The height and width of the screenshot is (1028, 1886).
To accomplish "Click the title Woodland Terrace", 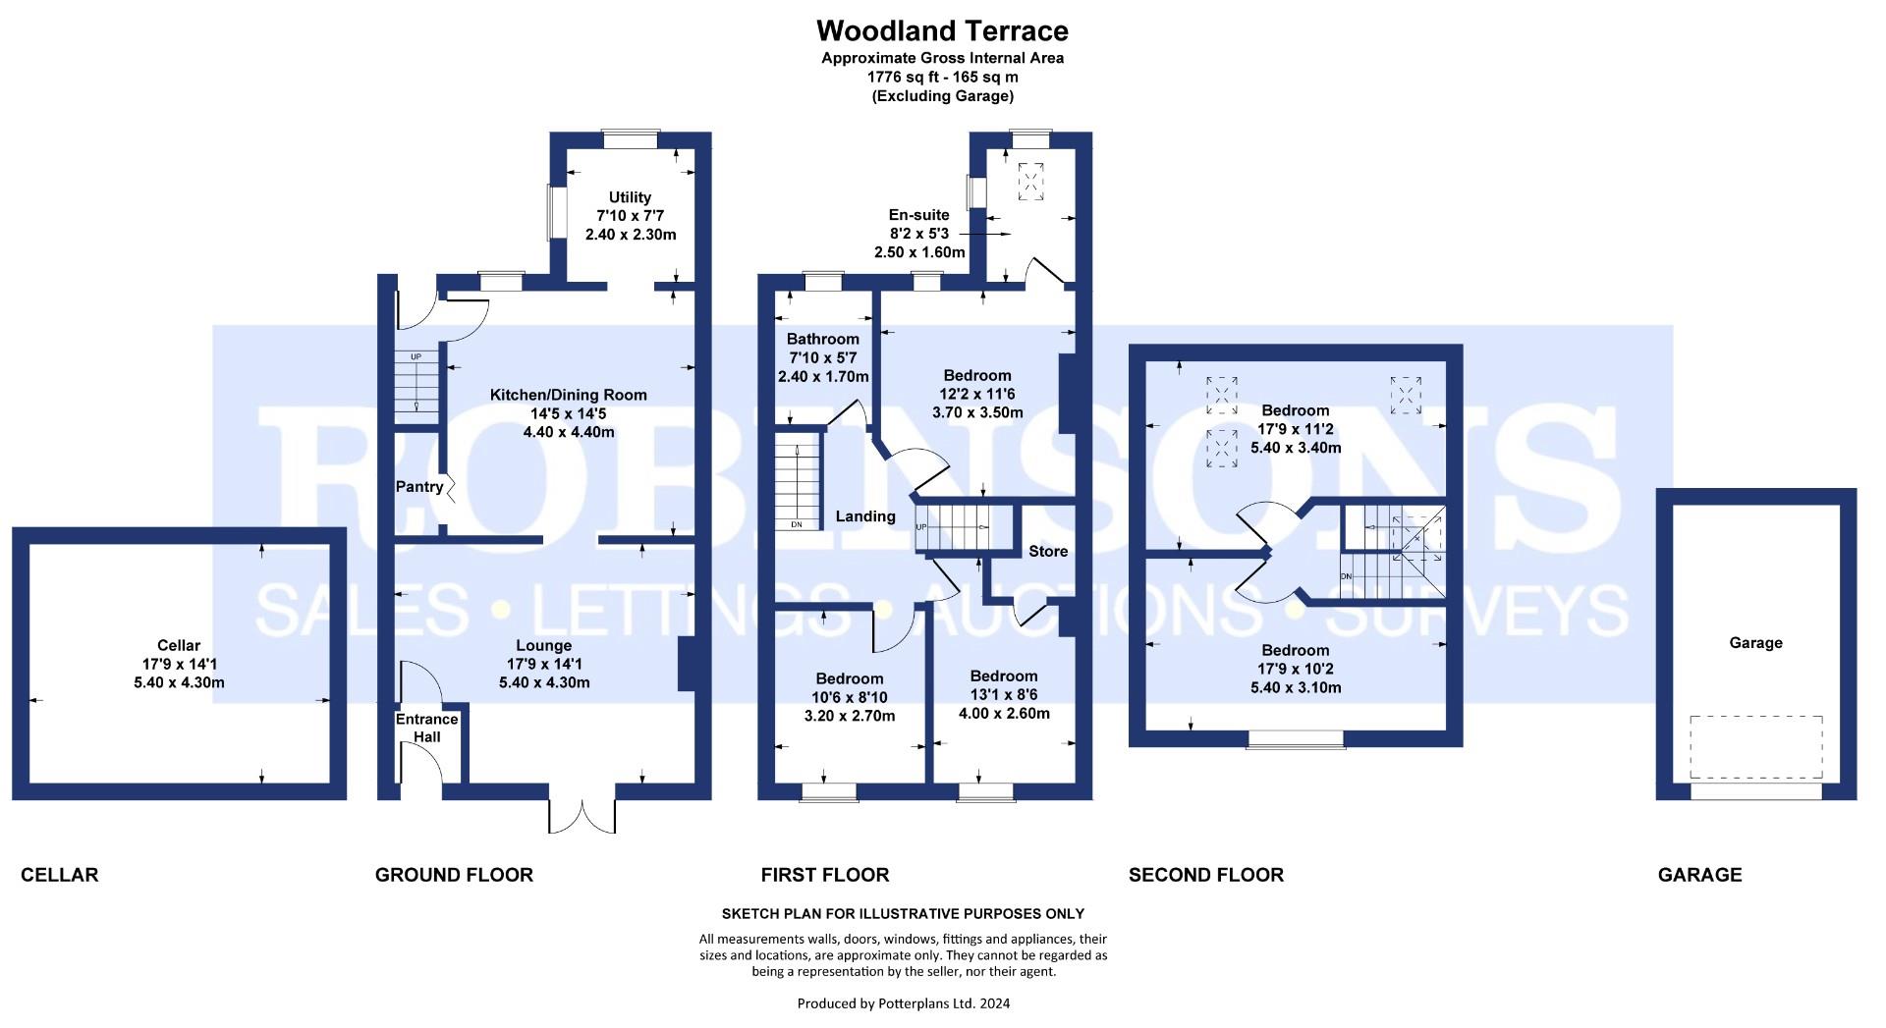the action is click(x=942, y=30).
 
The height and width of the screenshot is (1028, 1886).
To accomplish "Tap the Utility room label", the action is click(x=630, y=197).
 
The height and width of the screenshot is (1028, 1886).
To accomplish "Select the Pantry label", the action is click(x=419, y=487).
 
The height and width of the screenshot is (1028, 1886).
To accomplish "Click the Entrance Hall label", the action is click(x=426, y=728).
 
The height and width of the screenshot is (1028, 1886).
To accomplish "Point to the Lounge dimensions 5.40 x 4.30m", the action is click(x=544, y=682).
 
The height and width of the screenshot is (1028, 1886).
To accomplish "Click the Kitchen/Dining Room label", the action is click(x=569, y=395).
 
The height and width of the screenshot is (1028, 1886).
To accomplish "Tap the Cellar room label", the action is click(x=179, y=645).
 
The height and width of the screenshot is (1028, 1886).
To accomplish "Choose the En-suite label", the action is click(x=919, y=215).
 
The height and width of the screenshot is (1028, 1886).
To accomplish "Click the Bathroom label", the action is click(x=823, y=339).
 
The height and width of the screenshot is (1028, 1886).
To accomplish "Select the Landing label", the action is click(x=865, y=516).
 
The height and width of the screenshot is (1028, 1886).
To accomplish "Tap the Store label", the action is click(x=1048, y=551).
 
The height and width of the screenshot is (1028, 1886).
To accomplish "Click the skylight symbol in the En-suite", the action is click(x=1031, y=181).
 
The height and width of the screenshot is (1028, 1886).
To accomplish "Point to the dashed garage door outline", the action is click(x=1756, y=747).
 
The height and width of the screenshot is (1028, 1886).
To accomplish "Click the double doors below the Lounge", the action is click(x=583, y=811).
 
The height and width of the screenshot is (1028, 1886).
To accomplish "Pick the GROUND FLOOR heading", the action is click(x=454, y=875).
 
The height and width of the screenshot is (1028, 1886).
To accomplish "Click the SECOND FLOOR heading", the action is click(x=1206, y=875).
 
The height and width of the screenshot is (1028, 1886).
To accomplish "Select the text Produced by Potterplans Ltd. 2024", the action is click(x=904, y=1003).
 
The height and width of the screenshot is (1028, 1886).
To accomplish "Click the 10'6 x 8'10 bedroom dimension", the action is click(x=850, y=697).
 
